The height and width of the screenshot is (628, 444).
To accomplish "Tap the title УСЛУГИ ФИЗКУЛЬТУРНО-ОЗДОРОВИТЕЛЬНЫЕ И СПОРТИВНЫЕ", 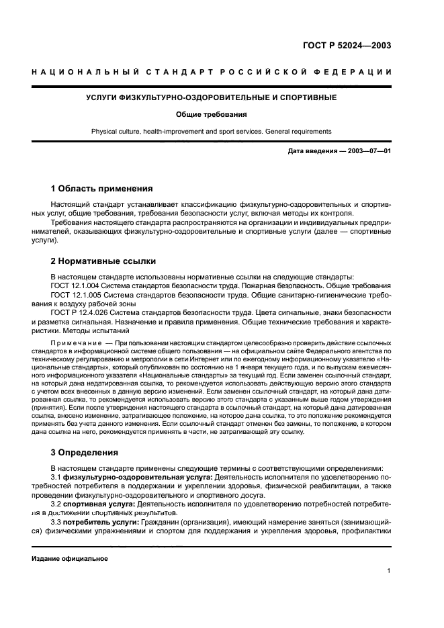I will click(x=211, y=98).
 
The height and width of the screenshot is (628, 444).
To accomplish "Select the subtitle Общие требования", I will click(x=211, y=114).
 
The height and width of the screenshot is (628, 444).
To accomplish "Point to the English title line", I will click(x=211, y=132).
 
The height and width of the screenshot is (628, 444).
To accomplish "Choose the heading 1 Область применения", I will click(x=101, y=189).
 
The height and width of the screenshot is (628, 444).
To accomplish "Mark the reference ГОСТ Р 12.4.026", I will click(x=81, y=312).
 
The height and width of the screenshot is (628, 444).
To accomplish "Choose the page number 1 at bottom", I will click(x=389, y=571).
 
